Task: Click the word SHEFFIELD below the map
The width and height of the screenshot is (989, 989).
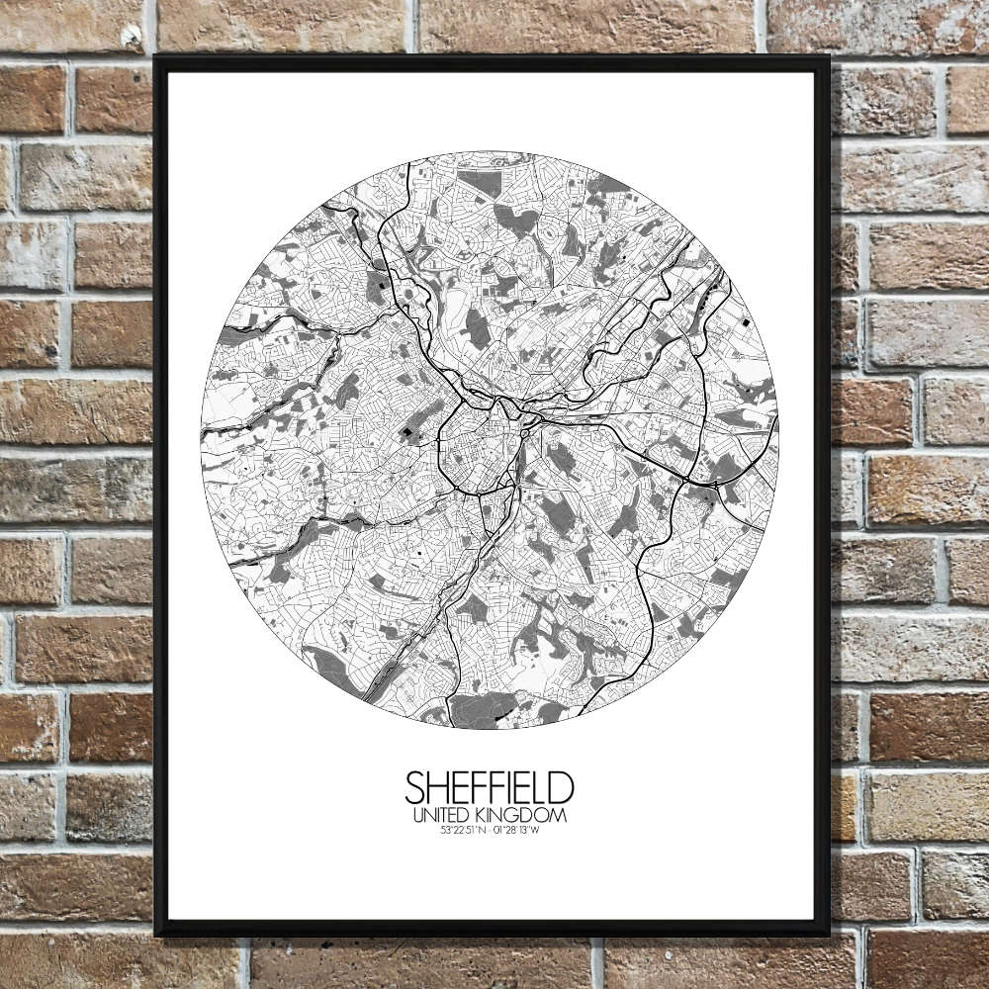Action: [489, 788]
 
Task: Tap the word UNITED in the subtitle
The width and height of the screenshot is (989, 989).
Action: [443, 816]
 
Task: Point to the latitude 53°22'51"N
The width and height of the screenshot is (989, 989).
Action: [464, 831]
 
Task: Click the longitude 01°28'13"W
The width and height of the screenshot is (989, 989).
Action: [517, 831]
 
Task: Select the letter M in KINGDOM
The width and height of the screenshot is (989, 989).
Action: [560, 816]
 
